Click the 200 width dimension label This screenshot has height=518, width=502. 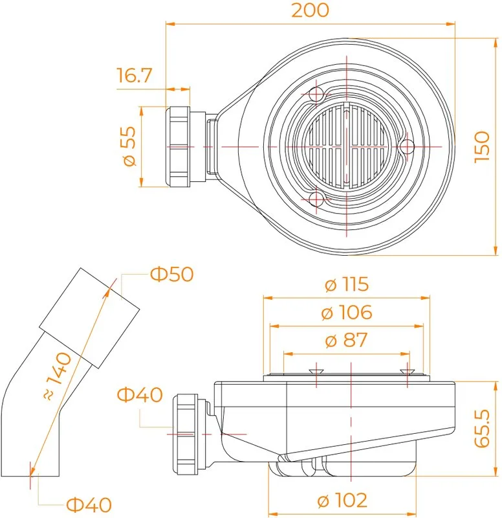click(x=311, y=10)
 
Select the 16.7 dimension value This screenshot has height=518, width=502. click(x=135, y=75)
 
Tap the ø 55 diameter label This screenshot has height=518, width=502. click(x=129, y=146)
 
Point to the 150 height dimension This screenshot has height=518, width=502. click(x=482, y=147)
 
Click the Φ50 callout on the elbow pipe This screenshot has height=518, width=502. click(x=171, y=274)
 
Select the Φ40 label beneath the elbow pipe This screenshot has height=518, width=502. click(x=89, y=504)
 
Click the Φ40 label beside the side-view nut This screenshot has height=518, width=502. click(x=140, y=394)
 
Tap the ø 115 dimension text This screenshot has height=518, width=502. click(x=347, y=284)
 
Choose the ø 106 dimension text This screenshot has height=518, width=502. click(x=347, y=312)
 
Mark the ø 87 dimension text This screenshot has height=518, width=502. click(x=347, y=341)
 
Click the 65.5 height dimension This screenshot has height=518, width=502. click(x=482, y=429)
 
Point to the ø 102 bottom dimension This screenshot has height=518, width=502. click(x=342, y=500)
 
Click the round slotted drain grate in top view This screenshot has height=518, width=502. click(x=346, y=146)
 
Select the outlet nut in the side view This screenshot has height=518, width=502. click(x=186, y=434)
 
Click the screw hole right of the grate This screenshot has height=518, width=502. click(x=408, y=146)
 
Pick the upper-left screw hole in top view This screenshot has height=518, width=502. click(x=316, y=95)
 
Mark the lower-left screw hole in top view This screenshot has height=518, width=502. click(x=316, y=199)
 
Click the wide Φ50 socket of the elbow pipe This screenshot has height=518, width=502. click(x=89, y=318)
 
